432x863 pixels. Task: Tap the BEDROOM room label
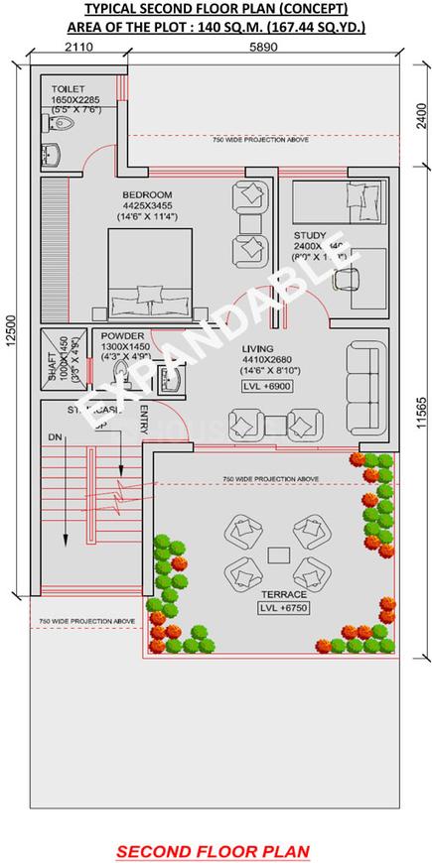click(x=147, y=194)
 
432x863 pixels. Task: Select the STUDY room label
click(x=310, y=236)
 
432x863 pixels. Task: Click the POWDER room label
click(x=122, y=336)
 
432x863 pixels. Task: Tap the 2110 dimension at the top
click(x=78, y=46)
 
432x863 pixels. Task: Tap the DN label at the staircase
click(x=54, y=437)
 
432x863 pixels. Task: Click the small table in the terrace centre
click(x=278, y=552)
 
